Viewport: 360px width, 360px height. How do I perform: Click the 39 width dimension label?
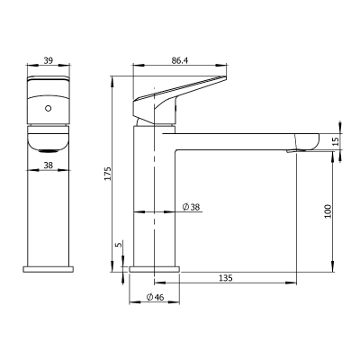pos(49,60)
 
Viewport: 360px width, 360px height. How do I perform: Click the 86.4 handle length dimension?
pos(180,60)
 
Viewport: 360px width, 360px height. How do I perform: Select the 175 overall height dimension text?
pos(108,174)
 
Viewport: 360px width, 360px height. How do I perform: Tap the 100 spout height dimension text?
pos(328,211)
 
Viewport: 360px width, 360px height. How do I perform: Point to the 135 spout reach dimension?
pos(225,278)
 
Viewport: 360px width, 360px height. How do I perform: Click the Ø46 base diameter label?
pos(155,297)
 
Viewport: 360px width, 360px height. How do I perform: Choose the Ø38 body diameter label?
pos(191,207)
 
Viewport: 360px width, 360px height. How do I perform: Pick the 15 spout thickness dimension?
pos(336,141)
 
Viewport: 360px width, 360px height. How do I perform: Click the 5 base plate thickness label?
pos(119,245)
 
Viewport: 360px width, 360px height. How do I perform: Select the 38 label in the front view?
pos(49,165)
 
